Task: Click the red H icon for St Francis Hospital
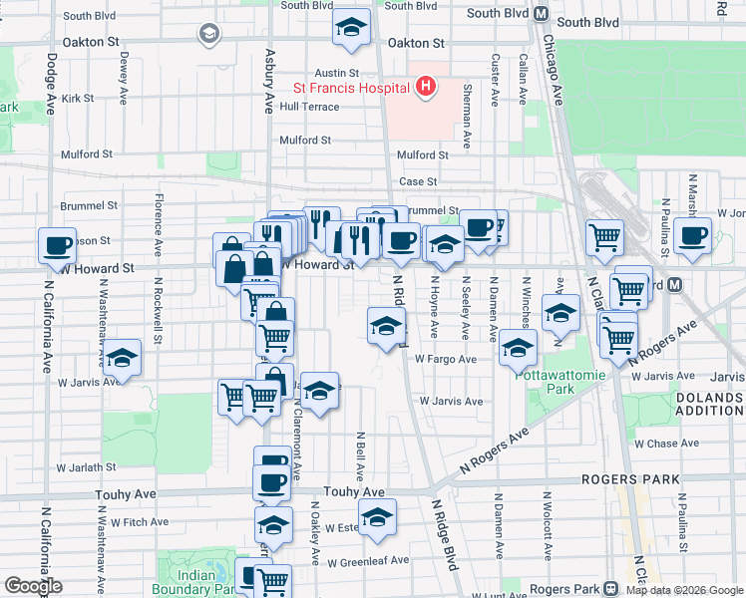(x=426, y=87)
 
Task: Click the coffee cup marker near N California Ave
(x=58, y=245)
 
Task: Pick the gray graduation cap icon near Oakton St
(x=208, y=35)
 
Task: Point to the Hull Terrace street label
(x=309, y=107)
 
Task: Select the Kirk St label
(x=77, y=99)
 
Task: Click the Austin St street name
(x=336, y=73)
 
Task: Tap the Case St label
(x=418, y=181)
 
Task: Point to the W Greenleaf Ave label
(x=370, y=560)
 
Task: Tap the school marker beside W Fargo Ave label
(x=518, y=348)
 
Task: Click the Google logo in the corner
(x=32, y=586)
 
